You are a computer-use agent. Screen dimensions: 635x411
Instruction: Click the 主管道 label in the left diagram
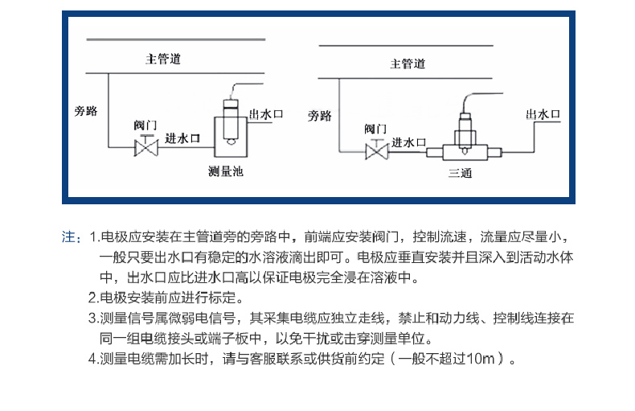(x=163, y=60)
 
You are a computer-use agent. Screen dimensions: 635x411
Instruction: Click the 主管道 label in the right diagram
(x=408, y=64)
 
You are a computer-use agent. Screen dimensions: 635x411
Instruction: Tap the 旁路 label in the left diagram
(x=86, y=111)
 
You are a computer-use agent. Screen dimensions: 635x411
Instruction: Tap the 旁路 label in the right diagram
(x=320, y=116)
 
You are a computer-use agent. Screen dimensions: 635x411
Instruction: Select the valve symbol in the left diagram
(x=146, y=146)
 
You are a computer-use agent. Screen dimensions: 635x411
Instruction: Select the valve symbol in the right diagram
(x=377, y=150)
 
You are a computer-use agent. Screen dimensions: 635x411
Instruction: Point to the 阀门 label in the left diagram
(x=145, y=125)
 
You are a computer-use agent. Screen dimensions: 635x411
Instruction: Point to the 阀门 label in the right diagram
(x=375, y=129)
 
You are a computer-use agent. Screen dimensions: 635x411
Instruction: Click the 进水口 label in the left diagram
(x=182, y=138)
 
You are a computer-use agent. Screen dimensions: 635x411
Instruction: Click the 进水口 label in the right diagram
(x=408, y=142)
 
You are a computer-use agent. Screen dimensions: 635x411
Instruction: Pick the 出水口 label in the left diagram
(x=266, y=114)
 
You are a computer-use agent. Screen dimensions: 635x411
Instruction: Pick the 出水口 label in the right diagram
(x=543, y=114)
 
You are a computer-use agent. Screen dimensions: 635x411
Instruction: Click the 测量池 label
(x=226, y=171)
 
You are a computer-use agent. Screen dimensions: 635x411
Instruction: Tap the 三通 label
(x=460, y=173)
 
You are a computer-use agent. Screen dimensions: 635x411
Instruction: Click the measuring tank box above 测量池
(x=231, y=137)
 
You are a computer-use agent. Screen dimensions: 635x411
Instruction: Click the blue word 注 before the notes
(x=68, y=236)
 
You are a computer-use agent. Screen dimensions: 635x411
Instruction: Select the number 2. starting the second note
(x=93, y=298)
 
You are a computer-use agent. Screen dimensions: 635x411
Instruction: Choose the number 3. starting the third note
(x=93, y=319)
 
